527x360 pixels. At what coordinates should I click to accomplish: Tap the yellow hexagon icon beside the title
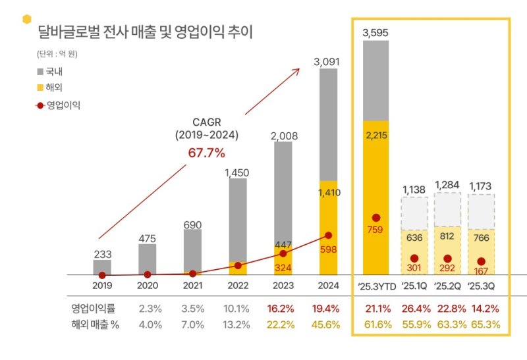pyautogui.click(x=26, y=18)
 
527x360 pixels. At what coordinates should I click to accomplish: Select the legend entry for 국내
pyautogui.click(x=53, y=71)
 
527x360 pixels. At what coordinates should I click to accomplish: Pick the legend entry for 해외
pyautogui.click(x=53, y=87)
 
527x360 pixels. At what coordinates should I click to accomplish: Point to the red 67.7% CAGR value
pyautogui.click(x=207, y=153)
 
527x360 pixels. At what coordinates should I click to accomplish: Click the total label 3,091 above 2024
pyautogui.click(x=328, y=62)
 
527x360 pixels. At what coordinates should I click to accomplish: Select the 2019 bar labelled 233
pyautogui.click(x=102, y=267)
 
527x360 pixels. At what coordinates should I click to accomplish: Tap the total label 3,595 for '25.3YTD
pyautogui.click(x=375, y=33)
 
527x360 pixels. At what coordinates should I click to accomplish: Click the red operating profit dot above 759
pyautogui.click(x=375, y=218)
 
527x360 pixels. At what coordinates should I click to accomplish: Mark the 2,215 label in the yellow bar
pyautogui.click(x=375, y=135)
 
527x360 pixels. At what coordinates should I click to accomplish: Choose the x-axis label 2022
pyautogui.click(x=238, y=286)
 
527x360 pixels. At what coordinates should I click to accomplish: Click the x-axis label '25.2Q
pyautogui.click(x=447, y=286)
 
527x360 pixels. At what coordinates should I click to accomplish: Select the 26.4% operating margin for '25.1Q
pyautogui.click(x=414, y=309)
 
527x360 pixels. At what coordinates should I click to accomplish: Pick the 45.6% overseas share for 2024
pyautogui.click(x=328, y=324)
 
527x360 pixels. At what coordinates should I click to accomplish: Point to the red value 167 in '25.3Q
pyautogui.click(x=481, y=270)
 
